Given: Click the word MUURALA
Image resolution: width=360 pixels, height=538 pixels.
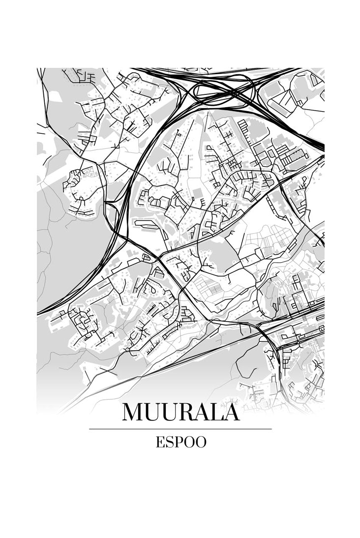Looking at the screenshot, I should tap(180, 412).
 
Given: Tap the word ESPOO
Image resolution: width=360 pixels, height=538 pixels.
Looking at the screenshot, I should tap(180, 442).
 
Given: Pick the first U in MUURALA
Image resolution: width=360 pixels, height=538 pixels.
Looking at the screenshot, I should tap(154, 412).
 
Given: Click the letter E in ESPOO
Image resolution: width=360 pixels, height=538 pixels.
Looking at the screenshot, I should tap(160, 442).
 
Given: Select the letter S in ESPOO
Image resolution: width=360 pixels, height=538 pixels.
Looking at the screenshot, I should tap(169, 442).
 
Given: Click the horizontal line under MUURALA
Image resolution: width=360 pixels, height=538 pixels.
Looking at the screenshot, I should tap(180, 429).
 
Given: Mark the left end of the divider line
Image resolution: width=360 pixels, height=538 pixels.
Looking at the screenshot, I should tap(90, 429).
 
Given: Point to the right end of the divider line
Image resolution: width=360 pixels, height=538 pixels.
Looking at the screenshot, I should tap(271, 429).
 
